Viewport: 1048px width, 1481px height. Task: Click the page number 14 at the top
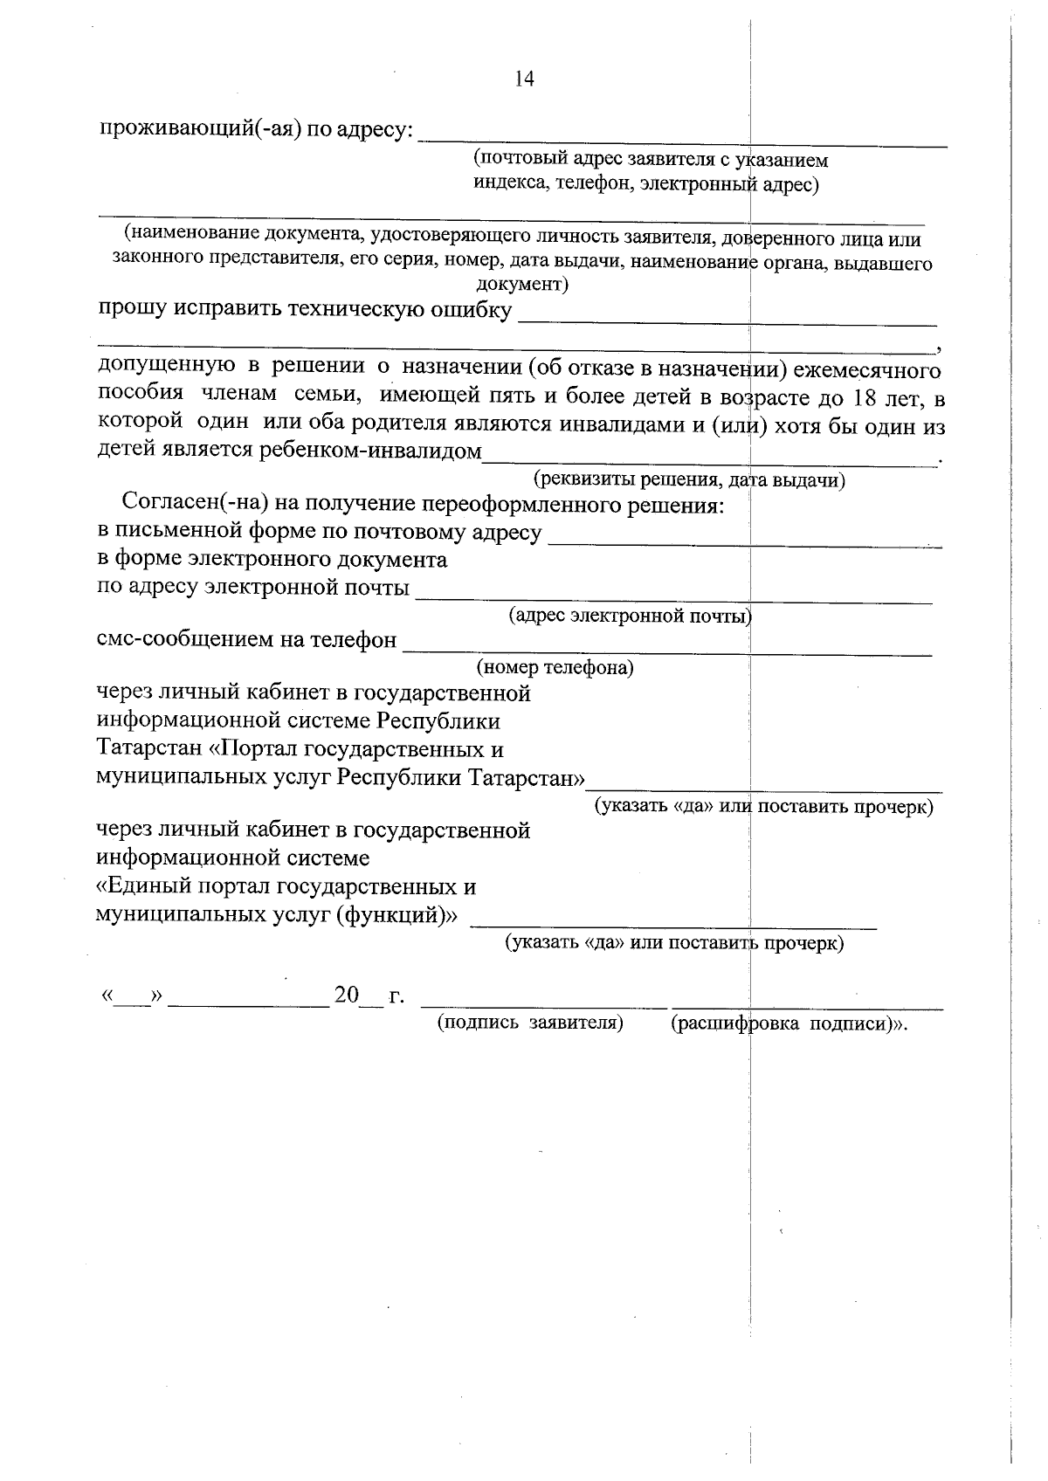pyautogui.click(x=524, y=79)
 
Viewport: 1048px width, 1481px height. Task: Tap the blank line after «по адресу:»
pyautogui.click(x=683, y=140)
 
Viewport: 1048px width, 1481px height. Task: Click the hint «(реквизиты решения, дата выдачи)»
pyautogui.click(x=689, y=479)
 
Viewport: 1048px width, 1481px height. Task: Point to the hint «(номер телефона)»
pyautogui.click(x=555, y=668)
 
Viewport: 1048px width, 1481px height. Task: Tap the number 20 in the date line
pyautogui.click(x=347, y=995)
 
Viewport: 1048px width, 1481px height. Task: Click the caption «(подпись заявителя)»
pyautogui.click(x=529, y=1023)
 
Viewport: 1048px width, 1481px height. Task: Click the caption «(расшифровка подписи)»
pyautogui.click(x=785, y=1023)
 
